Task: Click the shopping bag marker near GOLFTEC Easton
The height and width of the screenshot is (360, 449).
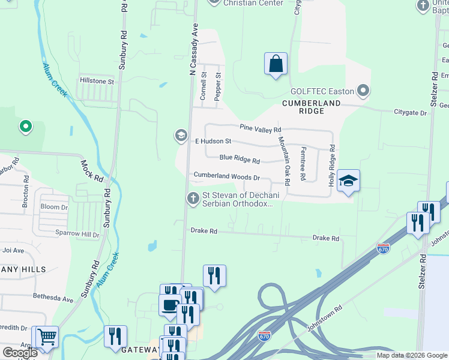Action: pyautogui.click(x=276, y=64)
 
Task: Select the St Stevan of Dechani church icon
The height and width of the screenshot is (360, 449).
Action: pyautogui.click(x=193, y=198)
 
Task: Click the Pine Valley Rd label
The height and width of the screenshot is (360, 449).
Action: pyautogui.click(x=261, y=129)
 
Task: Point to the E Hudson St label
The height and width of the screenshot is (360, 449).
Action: pyautogui.click(x=213, y=142)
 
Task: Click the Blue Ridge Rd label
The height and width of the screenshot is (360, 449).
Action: pyautogui.click(x=240, y=161)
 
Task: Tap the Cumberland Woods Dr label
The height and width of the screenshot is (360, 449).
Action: pyautogui.click(x=226, y=178)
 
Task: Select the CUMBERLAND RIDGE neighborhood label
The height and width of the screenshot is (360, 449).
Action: pyautogui.click(x=312, y=103)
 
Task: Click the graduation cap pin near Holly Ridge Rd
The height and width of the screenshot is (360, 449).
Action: pyautogui.click(x=348, y=181)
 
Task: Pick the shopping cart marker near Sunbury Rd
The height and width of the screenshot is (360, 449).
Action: pyautogui.click(x=47, y=337)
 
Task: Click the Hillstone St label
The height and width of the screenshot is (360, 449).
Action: pyautogui.click(x=97, y=81)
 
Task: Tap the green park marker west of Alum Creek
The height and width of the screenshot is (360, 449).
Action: pyautogui.click(x=25, y=127)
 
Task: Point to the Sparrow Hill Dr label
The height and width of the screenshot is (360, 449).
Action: pyautogui.click(x=75, y=235)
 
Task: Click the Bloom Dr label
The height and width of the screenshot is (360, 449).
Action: pyautogui.click(x=55, y=207)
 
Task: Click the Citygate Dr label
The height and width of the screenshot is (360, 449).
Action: pyautogui.click(x=410, y=113)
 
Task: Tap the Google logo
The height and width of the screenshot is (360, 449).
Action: pyautogui.click(x=20, y=353)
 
